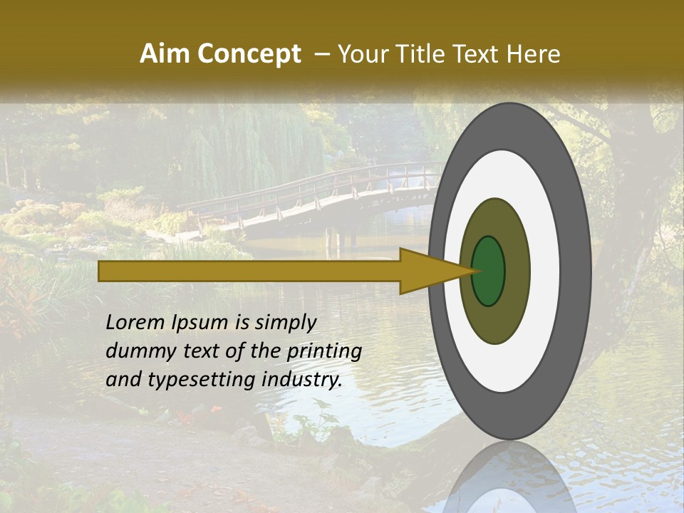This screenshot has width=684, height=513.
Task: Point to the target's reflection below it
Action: tap(509, 481)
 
